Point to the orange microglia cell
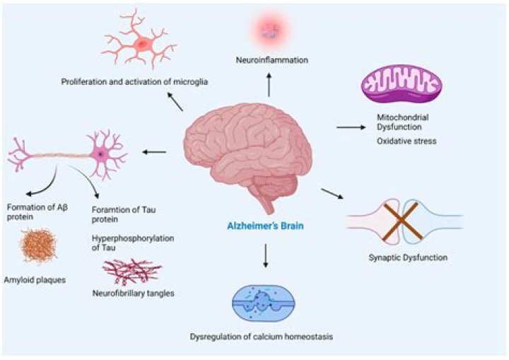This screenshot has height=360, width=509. click(142, 44)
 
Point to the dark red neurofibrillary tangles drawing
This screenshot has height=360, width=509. click(119, 272)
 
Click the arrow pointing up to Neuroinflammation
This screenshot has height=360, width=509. click(268, 86)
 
